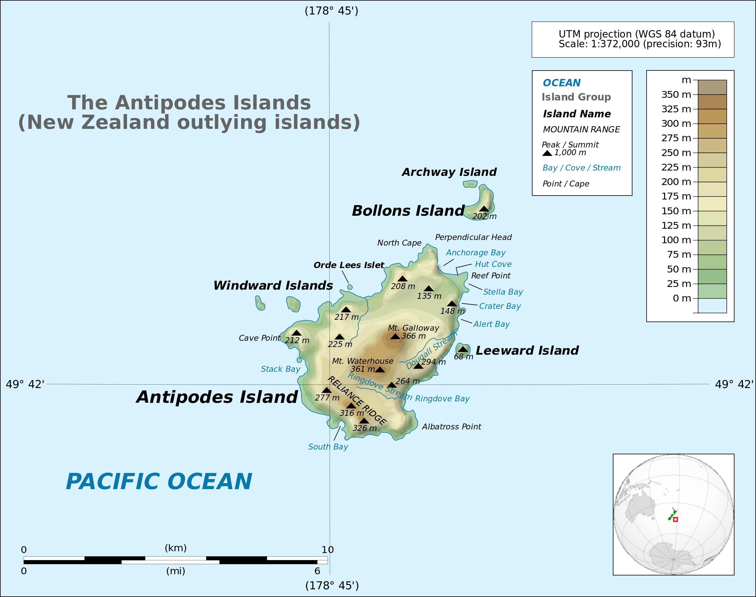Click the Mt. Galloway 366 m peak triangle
(395, 336)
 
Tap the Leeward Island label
(527, 351)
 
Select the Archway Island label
(449, 172)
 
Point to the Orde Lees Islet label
(348, 265)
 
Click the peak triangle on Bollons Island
(484, 209)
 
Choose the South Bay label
(328, 447)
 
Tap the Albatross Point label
(451, 427)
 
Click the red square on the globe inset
(675, 519)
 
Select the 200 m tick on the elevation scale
(695, 182)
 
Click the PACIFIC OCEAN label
(159, 482)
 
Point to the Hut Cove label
(493, 264)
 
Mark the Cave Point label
(259, 338)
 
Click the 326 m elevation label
(364, 428)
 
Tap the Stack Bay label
(281, 369)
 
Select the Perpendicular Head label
(473, 237)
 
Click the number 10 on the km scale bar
(328, 549)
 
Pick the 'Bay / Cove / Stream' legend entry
(581, 168)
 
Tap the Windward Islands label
(273, 285)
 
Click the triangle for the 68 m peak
(463, 349)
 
